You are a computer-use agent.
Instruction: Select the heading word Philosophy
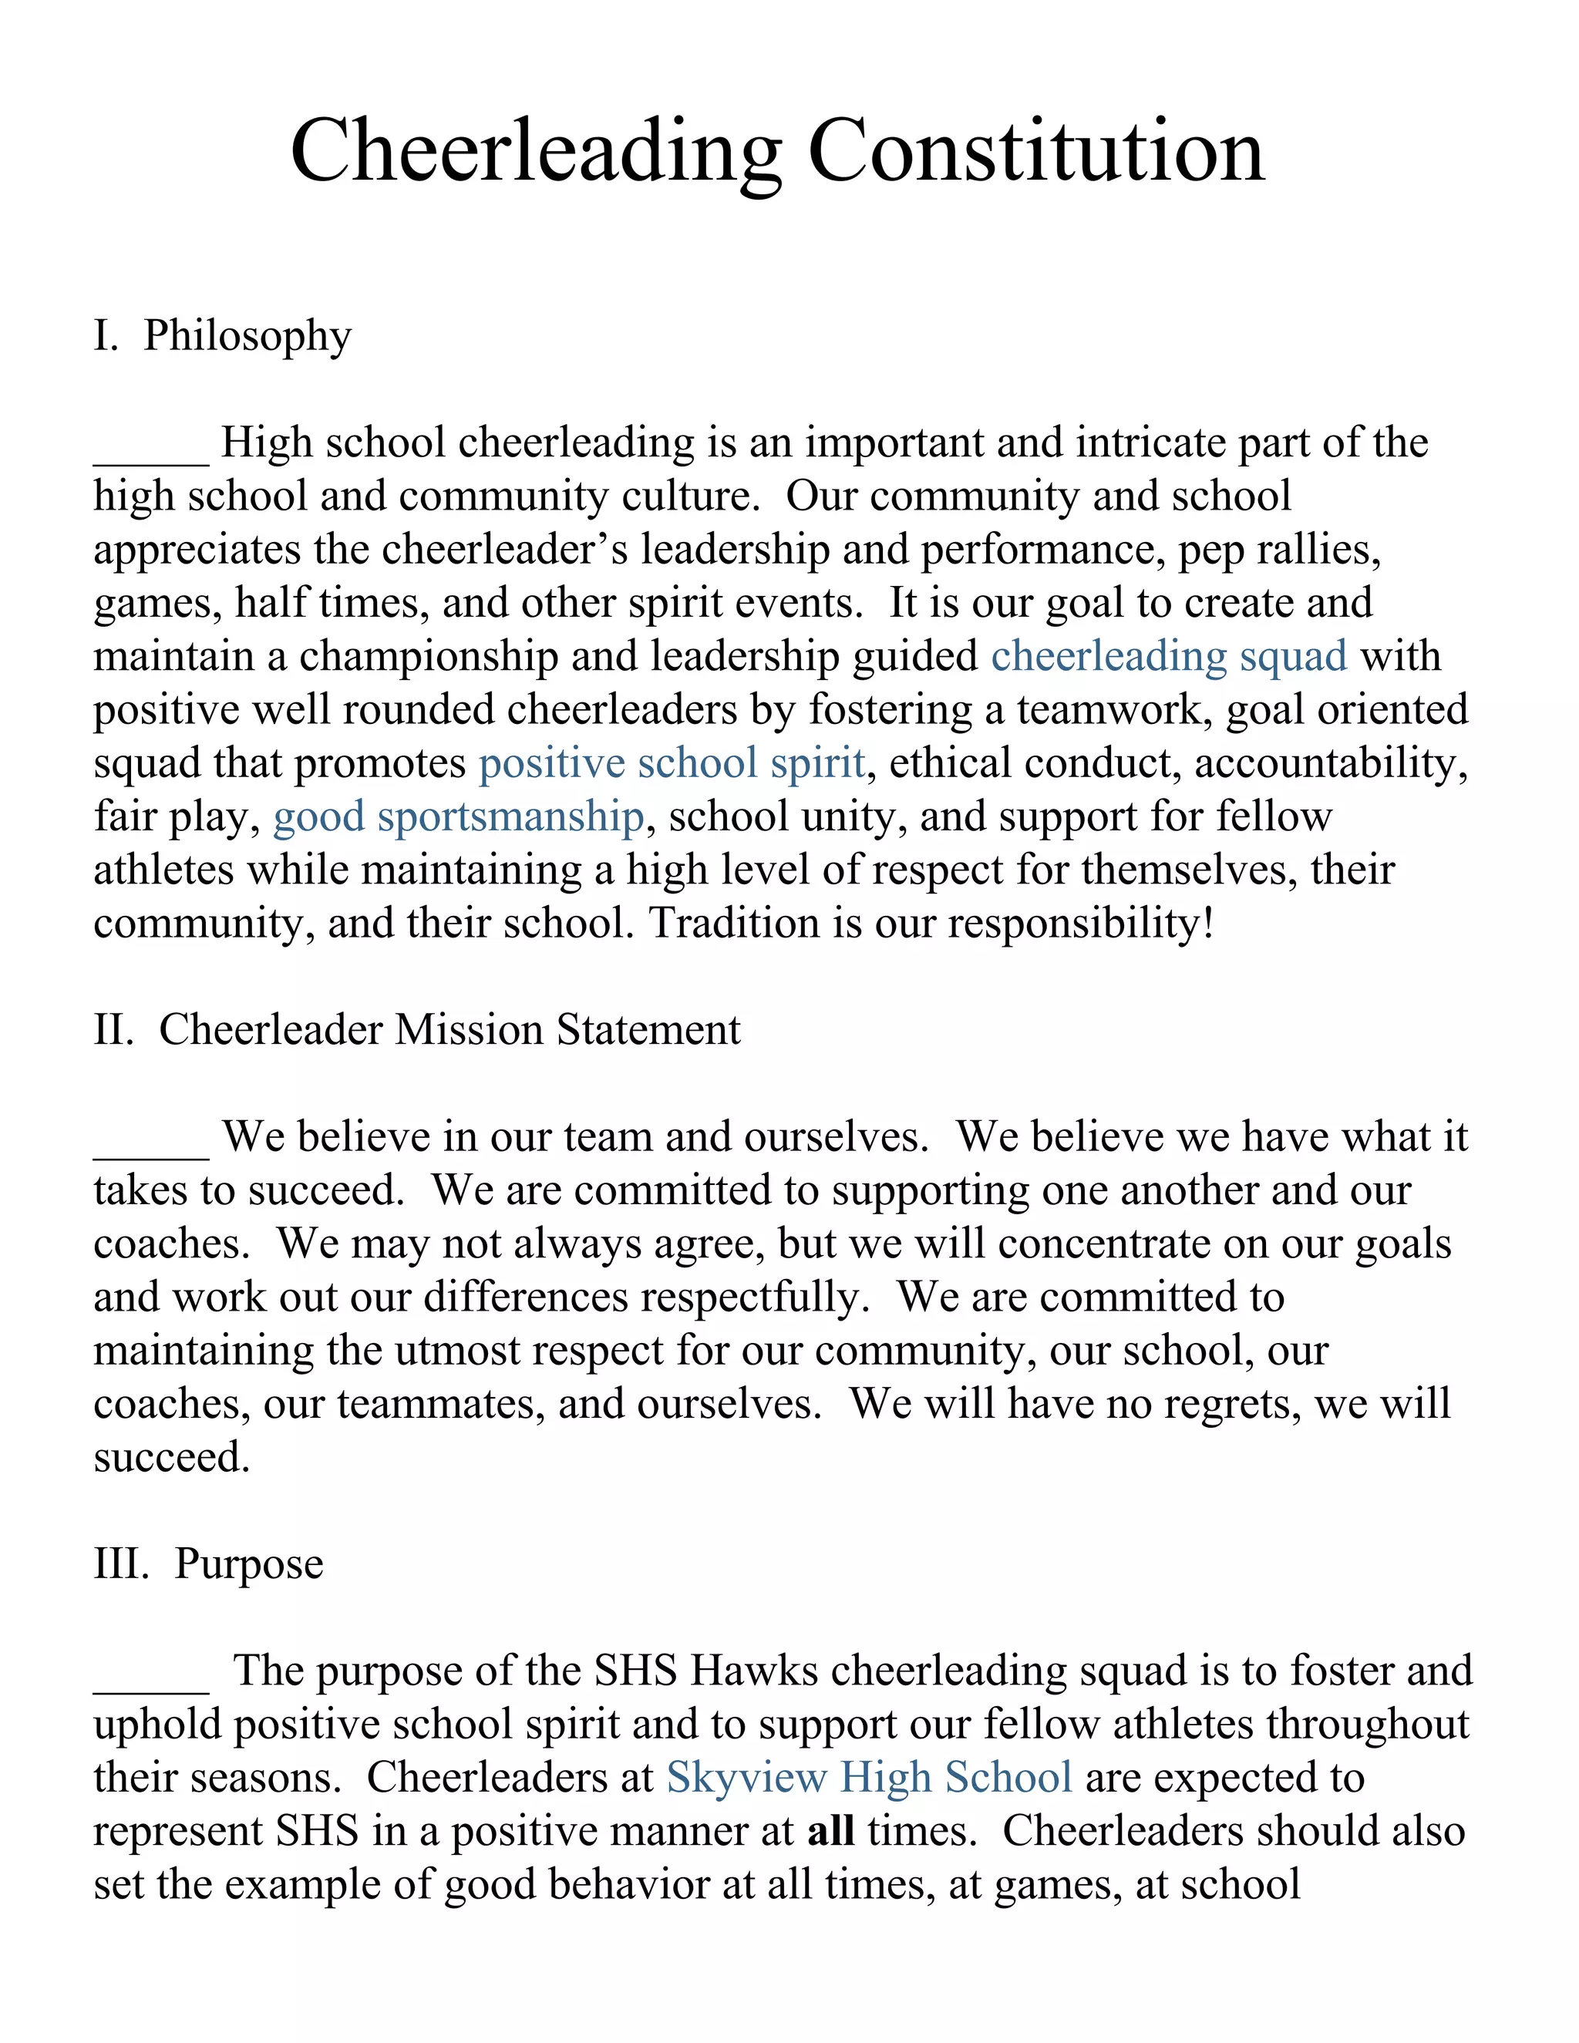[247, 337]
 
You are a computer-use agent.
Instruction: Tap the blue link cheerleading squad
[1168, 657]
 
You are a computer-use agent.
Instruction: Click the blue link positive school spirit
[672, 763]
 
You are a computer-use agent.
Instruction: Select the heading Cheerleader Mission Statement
[449, 1030]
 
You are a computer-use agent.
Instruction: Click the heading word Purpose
[249, 1564]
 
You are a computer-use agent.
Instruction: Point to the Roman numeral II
[113, 1030]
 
